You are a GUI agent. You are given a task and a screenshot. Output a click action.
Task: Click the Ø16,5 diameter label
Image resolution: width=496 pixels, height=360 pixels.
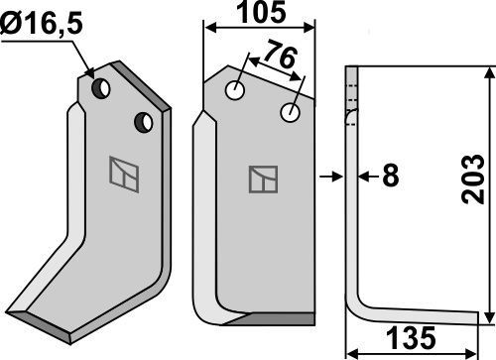pyautogui.click(x=41, y=25)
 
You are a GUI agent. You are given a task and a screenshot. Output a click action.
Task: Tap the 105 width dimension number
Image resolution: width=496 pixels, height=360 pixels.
pyautogui.click(x=262, y=12)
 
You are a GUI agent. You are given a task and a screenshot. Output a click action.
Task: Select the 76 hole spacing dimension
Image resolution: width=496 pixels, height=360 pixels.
pyautogui.click(x=281, y=55)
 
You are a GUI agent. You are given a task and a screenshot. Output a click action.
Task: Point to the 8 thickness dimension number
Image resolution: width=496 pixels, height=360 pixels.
pyautogui.click(x=390, y=176)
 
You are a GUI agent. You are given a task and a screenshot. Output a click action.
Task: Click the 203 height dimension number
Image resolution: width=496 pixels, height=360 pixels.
pyautogui.click(x=473, y=179)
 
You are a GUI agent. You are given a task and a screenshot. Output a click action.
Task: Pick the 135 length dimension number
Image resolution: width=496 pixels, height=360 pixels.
pyautogui.click(x=411, y=338)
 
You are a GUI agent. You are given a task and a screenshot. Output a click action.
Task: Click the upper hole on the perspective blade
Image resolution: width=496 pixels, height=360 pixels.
pyautogui.click(x=101, y=88)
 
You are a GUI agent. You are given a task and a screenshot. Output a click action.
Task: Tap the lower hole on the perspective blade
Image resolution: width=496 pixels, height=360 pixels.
pyautogui.click(x=144, y=123)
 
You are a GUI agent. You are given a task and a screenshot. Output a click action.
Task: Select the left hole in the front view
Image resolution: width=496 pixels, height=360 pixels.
pyautogui.click(x=235, y=90)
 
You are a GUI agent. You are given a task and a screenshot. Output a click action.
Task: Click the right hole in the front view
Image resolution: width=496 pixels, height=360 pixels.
pyautogui.click(x=290, y=112)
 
